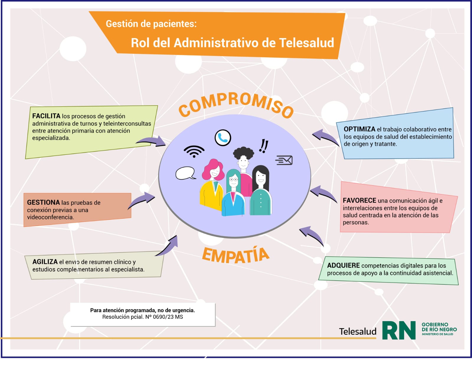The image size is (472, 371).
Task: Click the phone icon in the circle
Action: click(223, 138)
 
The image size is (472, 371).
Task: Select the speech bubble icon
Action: click(185, 173)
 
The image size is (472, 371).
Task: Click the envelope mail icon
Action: click(284, 160)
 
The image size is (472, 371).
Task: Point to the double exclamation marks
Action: click(264, 146)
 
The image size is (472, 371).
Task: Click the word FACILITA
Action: click(46, 116)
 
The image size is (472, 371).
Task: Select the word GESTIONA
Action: click(43, 202)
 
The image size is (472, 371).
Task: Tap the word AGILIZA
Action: click(45, 262)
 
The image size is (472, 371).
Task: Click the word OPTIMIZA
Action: click(359, 129)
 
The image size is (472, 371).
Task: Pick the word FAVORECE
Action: click(360, 200)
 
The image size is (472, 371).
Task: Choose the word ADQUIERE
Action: click(343, 265)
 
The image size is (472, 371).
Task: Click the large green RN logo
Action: click(399, 330)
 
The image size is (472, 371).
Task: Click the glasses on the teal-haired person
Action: click(233, 180)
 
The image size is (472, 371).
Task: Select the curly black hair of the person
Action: click(244, 153)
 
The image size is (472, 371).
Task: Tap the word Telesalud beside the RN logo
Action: click(357, 331)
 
